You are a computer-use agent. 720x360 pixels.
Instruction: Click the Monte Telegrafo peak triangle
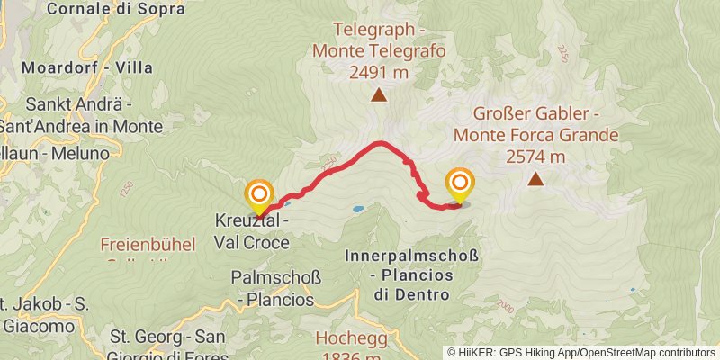coord(379,94)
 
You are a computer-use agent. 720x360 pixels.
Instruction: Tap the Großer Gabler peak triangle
coord(535,179)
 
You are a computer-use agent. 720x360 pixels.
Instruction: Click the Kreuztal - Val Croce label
coord(252,231)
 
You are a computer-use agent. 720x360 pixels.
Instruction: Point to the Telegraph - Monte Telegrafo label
coord(379,40)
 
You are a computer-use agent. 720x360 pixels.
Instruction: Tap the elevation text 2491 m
coord(379,73)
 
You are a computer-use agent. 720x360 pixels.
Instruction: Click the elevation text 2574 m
coord(535,157)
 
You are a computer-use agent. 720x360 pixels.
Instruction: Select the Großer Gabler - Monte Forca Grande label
coord(535,125)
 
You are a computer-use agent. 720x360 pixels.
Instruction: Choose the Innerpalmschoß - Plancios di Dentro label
coord(411,275)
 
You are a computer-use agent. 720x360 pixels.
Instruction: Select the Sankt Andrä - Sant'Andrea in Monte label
coord(81,115)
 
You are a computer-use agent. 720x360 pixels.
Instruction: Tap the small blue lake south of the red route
coord(358,209)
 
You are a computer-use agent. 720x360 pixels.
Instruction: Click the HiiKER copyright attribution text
coord(582,352)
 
